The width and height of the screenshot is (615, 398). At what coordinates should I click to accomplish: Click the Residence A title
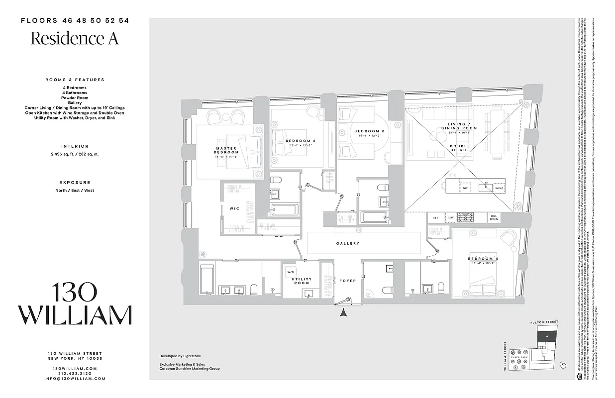[x=75, y=38]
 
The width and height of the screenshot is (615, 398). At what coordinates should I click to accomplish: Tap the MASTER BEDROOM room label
[x=226, y=150]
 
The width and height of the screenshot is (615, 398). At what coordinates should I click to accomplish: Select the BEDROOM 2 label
[x=301, y=141]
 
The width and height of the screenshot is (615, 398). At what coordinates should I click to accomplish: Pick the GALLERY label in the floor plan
[x=348, y=244]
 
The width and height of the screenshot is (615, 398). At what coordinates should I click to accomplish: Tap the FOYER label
[x=348, y=281]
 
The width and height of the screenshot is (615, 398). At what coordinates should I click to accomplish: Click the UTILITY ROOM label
[x=302, y=281]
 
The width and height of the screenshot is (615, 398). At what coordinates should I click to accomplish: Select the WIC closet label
[x=235, y=208]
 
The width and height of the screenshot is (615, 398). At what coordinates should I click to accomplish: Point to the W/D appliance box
[x=291, y=272]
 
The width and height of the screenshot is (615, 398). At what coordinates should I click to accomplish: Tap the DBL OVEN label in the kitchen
[x=494, y=217]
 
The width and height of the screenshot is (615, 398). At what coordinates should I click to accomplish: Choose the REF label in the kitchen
[x=435, y=217]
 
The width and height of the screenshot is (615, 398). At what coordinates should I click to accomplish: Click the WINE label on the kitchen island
[x=499, y=189]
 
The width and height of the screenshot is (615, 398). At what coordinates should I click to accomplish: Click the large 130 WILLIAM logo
[x=75, y=303]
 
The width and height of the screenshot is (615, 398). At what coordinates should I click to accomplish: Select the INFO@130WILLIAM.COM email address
[x=75, y=379]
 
